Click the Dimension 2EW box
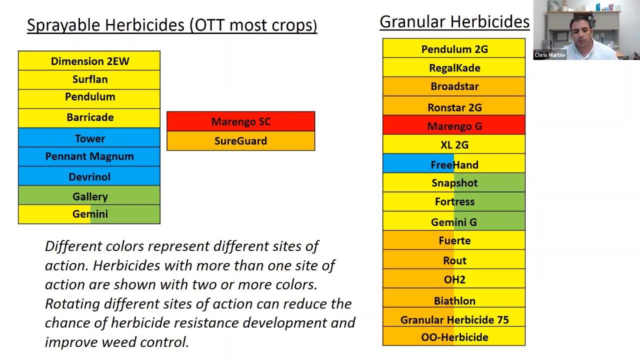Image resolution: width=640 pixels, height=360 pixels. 89,61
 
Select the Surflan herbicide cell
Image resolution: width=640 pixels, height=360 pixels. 89,79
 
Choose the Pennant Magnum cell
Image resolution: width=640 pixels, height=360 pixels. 89,156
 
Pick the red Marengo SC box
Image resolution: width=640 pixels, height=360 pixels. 241,121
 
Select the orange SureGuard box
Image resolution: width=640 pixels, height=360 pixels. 241,141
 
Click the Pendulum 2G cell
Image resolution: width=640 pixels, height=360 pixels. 454,48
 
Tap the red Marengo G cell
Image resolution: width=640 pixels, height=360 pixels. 454,125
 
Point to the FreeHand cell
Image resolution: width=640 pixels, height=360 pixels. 454,163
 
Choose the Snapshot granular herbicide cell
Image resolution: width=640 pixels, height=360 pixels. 454,182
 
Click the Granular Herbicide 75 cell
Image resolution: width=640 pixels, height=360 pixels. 454,317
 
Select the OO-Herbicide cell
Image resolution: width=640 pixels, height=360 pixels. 454,336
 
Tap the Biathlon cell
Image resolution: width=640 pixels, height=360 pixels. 454,297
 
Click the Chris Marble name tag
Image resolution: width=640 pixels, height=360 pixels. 549,55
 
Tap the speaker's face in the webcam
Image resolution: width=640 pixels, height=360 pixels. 580,31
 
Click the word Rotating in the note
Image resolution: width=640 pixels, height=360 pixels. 72,303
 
